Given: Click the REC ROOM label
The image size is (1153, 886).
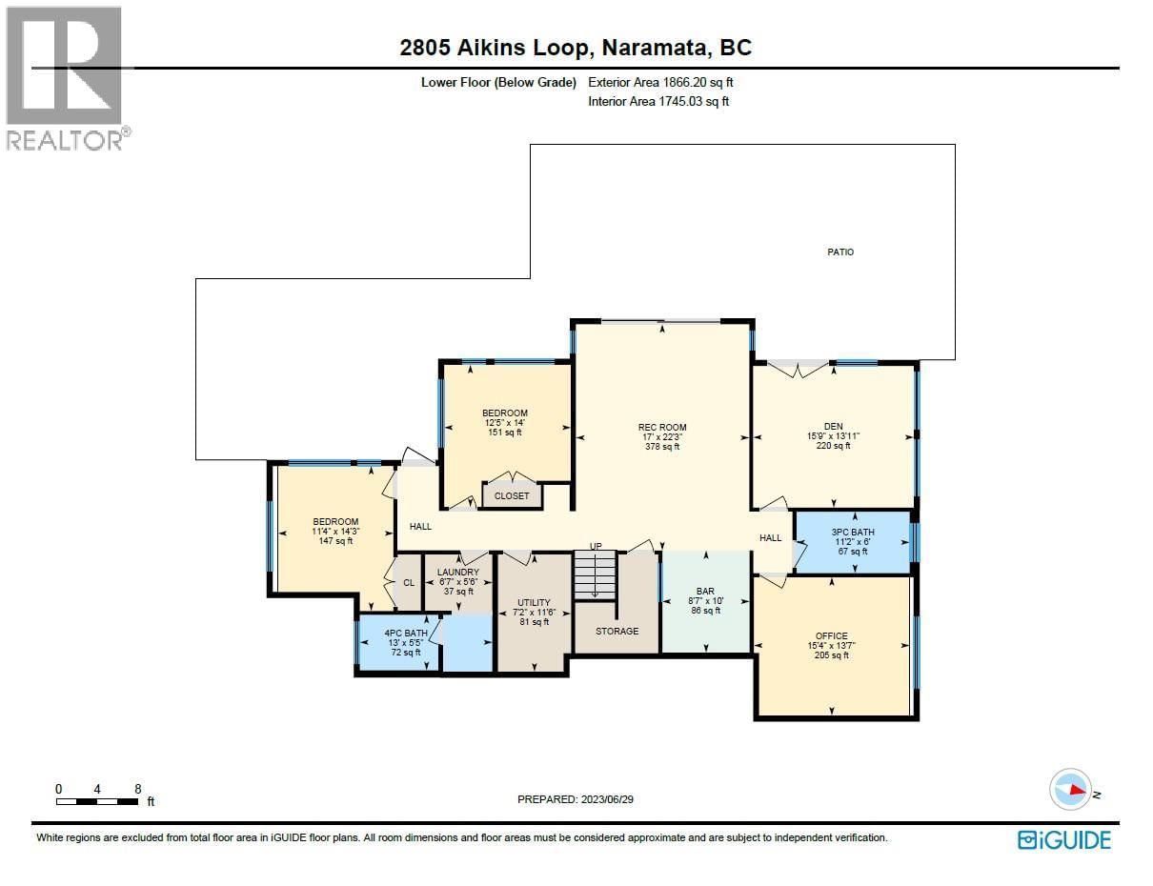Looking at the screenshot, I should tap(662, 428).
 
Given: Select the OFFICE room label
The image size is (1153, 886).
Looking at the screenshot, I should tap(831, 636).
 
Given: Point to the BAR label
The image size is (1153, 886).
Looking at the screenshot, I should tap(705, 592).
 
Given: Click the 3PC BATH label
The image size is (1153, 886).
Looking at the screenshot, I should tap(852, 533).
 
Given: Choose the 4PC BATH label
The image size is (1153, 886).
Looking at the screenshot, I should tap(405, 633).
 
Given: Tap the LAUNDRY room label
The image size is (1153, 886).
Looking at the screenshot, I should tap(457, 573).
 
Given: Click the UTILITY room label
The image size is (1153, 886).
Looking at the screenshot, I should tap(534, 603).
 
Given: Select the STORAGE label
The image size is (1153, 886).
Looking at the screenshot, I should tap(617, 631).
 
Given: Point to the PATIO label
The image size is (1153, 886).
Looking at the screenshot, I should tap(839, 252).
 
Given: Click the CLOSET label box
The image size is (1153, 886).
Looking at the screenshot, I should tap(512, 495).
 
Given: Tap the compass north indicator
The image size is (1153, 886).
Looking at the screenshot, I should tap(1071, 790).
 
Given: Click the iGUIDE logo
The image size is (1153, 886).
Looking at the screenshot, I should tap(1063, 839).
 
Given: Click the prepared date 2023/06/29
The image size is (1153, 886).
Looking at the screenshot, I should tap(575, 799).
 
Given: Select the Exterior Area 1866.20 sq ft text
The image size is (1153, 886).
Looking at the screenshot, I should tap(660, 83).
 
